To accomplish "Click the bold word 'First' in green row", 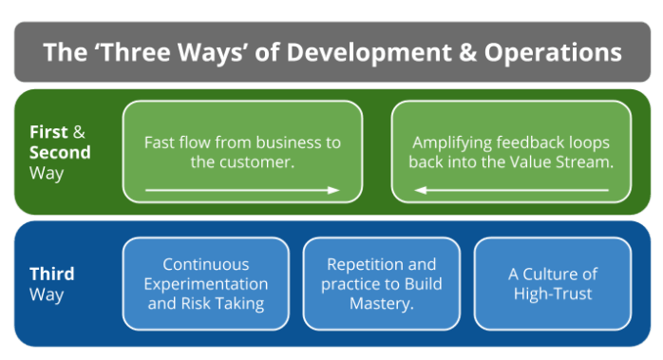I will (48, 132).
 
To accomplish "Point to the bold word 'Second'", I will (60, 152).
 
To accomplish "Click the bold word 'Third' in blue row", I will (51, 274).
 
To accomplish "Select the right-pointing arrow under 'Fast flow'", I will (242, 190).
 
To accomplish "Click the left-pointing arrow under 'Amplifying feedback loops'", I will (511, 190).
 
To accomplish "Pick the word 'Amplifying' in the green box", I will (451, 142).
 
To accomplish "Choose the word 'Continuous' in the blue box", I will (205, 264).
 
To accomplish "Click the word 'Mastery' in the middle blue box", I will (380, 304).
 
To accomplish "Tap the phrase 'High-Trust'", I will (552, 294).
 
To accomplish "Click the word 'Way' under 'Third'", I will (46, 294).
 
